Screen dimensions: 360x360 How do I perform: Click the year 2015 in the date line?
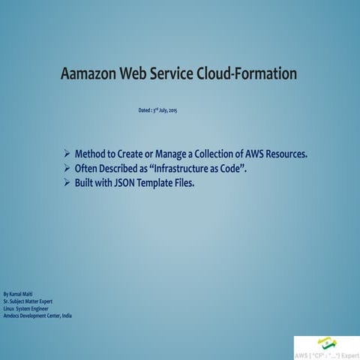point(172,111)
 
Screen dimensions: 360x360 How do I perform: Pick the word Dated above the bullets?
point(136,111)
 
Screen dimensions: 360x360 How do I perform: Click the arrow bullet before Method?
point(67,154)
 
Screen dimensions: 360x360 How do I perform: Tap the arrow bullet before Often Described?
point(67,169)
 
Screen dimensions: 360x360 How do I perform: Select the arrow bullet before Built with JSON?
point(67,182)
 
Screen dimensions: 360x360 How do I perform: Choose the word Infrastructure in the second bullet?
point(173,169)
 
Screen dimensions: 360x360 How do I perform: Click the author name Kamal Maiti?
point(22,293)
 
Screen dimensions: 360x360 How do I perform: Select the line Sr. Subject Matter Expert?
point(29,301)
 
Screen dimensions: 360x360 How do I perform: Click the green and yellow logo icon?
point(326,342)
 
